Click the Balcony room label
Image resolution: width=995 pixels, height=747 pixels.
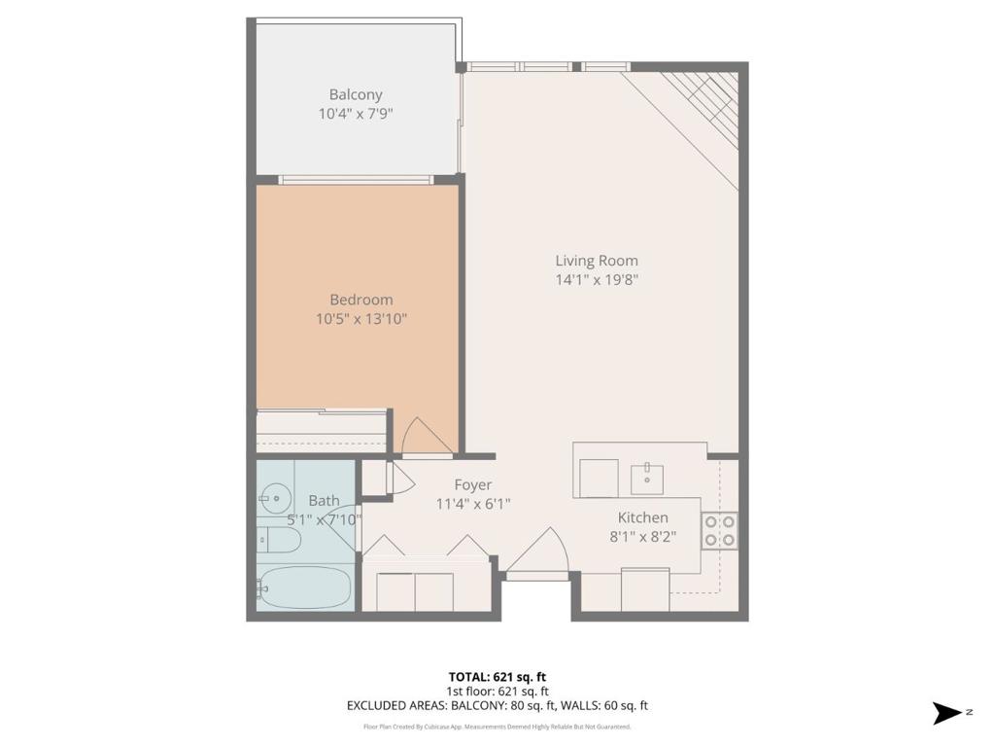tap(356, 94)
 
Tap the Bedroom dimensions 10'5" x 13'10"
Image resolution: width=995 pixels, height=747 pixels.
tap(361, 319)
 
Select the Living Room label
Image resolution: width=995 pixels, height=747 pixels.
tap(597, 261)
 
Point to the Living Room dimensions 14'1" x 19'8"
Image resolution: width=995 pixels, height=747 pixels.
tap(597, 279)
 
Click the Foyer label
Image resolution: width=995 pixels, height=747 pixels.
tap(473, 485)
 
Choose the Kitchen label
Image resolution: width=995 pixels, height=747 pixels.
tap(643, 517)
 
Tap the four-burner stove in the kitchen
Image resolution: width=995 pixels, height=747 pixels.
tap(720, 531)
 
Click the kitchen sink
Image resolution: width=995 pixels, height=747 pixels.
tap(646, 480)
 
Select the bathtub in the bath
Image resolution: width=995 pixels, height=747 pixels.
tap(304, 587)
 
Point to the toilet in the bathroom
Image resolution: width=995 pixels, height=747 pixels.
tap(278, 540)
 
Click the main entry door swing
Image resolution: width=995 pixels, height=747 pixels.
tap(536, 551)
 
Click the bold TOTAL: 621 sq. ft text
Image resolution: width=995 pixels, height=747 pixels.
tap(497, 677)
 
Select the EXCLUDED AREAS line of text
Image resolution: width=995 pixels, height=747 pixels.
tap(497, 706)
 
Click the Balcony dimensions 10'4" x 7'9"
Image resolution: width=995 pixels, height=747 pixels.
tap(356, 115)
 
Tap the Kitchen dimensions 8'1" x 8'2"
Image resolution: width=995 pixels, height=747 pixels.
tap(643, 537)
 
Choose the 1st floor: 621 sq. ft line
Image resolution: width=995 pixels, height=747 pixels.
tap(497, 692)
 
